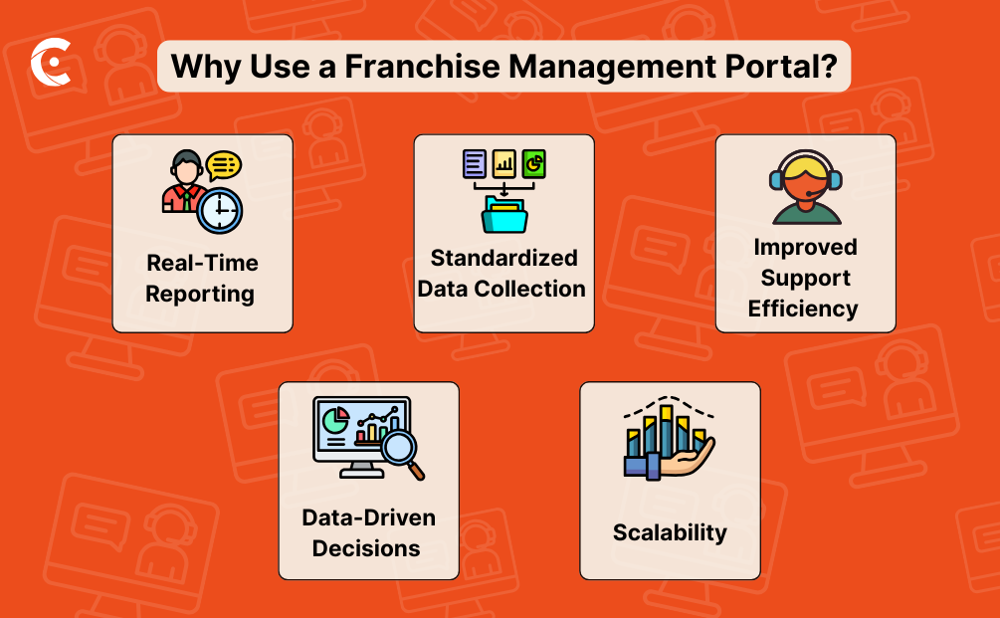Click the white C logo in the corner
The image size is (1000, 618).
[50, 66]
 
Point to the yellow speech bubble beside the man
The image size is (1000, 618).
[224, 164]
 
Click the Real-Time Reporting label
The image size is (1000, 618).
[202, 279]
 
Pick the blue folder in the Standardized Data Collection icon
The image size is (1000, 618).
[503, 213]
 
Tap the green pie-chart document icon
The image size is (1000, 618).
[534, 163]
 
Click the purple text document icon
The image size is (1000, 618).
[475, 163]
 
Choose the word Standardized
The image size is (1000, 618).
[503, 258]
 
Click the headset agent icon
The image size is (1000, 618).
[805, 186]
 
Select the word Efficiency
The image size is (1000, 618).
[803, 309]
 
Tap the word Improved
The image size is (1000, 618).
[805, 247]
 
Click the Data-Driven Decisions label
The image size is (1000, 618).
[367, 532]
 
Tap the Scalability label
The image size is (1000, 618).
[670, 532]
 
